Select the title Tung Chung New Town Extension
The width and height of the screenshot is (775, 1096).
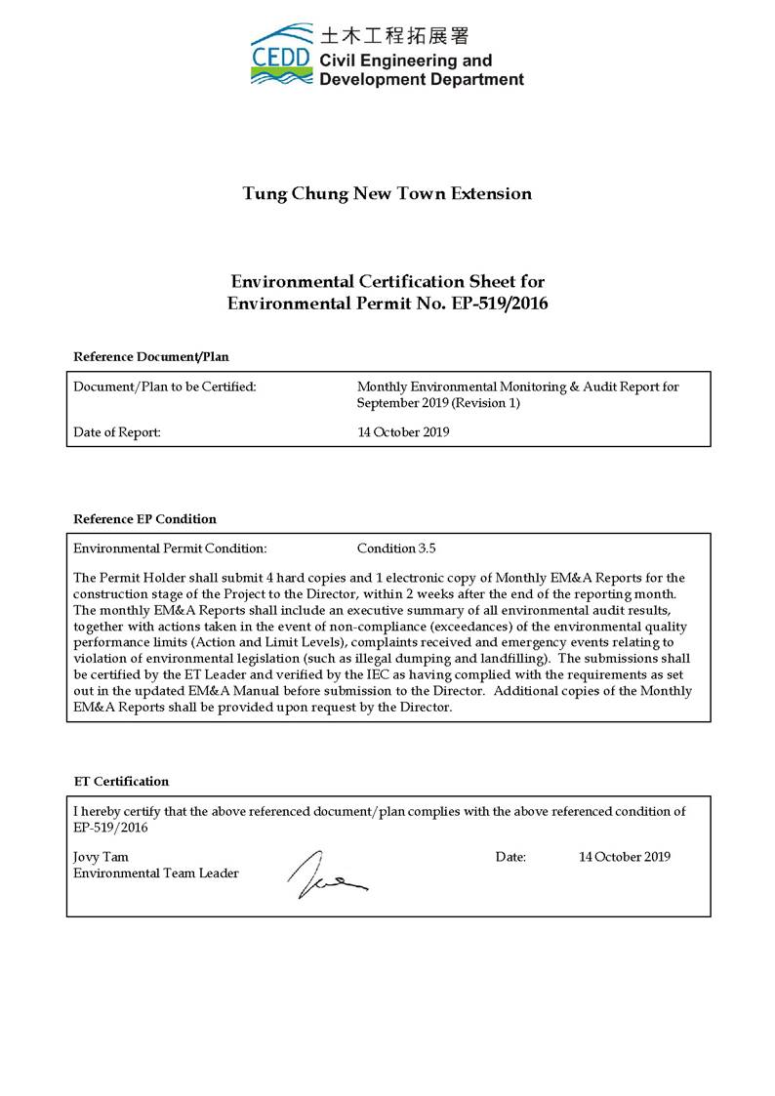coord(387,193)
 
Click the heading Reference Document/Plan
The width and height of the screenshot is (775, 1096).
coord(151,356)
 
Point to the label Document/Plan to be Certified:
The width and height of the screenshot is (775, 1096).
coord(165,387)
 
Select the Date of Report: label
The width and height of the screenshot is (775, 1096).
coord(117,432)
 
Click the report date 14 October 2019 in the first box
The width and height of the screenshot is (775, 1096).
coord(403,432)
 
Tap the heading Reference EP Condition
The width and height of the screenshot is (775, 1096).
coord(145,518)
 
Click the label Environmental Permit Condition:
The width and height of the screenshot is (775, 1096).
coord(170,548)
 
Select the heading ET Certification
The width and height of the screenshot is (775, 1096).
coord(122,781)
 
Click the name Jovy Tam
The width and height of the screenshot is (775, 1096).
coord(102,857)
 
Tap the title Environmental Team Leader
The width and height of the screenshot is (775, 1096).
coord(156,873)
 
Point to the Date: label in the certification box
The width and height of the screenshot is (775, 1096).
coord(510,857)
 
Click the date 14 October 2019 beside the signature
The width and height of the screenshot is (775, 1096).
coord(625,857)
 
